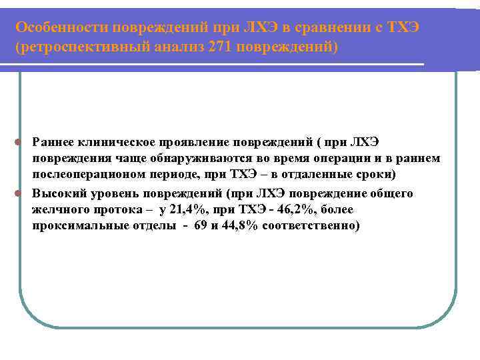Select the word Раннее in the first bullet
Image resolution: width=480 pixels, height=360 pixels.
click(x=52, y=141)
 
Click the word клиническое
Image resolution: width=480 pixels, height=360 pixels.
click(x=113, y=141)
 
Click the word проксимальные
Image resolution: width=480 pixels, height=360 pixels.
click(x=78, y=226)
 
